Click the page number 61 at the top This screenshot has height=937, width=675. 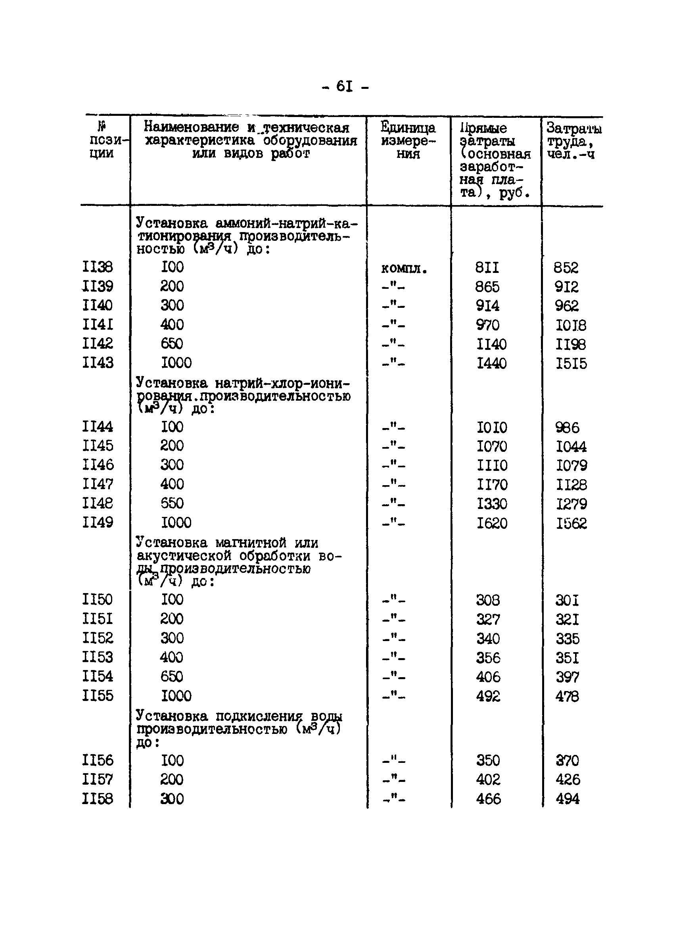(345, 86)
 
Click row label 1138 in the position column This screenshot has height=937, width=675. (98, 267)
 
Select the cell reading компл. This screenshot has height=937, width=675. (404, 269)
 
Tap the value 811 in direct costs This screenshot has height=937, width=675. (487, 268)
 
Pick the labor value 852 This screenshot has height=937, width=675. (566, 268)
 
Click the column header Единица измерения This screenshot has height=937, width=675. (408, 140)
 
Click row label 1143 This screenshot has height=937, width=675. (98, 363)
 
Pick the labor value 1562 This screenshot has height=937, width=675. (571, 524)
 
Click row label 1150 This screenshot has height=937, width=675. (98, 599)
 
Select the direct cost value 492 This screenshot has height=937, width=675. (488, 697)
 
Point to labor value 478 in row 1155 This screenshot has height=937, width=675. (567, 697)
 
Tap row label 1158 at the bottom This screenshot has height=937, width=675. (98, 799)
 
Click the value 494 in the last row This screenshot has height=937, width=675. (567, 799)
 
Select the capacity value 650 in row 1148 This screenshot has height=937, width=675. (172, 503)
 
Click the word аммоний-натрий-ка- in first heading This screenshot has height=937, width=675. (286, 223)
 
